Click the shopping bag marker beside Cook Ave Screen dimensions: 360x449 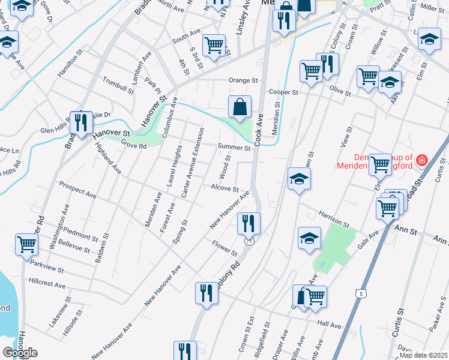(x=240, y=107)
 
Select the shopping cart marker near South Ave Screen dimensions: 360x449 (x=214, y=44)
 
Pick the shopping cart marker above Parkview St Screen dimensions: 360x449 (x=27, y=244)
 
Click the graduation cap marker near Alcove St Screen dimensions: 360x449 (x=298, y=178)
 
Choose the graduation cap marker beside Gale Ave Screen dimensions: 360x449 (x=309, y=238)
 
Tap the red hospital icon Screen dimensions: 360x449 (x=422, y=160)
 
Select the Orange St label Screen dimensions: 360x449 (x=243, y=80)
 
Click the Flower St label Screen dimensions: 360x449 (x=226, y=247)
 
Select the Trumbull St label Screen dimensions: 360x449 (x=118, y=85)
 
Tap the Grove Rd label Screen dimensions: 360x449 (x=133, y=145)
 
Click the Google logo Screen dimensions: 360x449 (x=20, y=353)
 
